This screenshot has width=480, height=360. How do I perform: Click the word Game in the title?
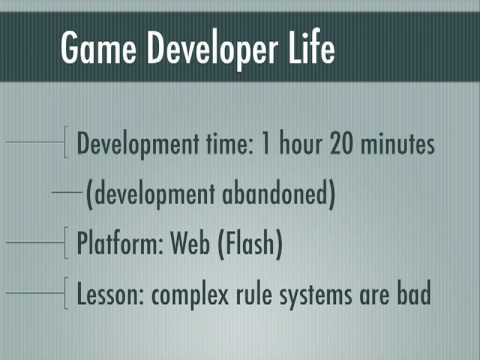[x=98, y=47]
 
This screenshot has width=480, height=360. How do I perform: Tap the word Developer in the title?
[x=212, y=50]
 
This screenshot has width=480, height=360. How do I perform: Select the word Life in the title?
[x=312, y=46]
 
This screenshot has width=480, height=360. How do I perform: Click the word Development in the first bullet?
[x=138, y=144]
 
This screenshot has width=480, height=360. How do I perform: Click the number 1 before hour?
[x=266, y=143]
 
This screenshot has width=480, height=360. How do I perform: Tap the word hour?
[x=301, y=143]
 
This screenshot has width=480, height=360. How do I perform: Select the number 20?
[x=341, y=143]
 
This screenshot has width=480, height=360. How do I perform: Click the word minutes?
[x=398, y=143]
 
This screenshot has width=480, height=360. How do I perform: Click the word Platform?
[x=120, y=243]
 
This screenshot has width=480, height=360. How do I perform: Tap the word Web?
[x=190, y=243]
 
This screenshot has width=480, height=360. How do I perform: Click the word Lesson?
[x=110, y=294]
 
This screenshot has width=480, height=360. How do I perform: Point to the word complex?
[x=190, y=296]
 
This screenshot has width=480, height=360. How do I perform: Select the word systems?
[x=316, y=296]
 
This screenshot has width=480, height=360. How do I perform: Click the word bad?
[x=414, y=293]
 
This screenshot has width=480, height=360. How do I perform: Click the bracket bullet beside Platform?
[x=66, y=243]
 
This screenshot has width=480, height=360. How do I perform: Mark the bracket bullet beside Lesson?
[x=66, y=293]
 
